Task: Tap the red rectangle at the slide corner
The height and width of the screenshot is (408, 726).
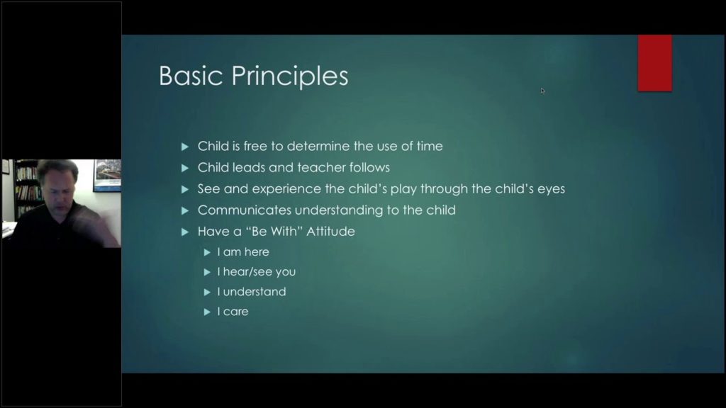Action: (x=654, y=63)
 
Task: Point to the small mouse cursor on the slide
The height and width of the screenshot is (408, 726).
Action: (x=543, y=90)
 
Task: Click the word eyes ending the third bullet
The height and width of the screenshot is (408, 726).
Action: (x=550, y=189)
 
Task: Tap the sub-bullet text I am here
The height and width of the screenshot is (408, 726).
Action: (x=242, y=252)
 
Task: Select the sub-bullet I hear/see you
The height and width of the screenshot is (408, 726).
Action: (x=256, y=272)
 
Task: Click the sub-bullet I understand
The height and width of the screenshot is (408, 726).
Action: (x=251, y=292)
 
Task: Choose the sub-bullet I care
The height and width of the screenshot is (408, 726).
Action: (x=233, y=312)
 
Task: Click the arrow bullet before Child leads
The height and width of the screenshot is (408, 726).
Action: (x=185, y=168)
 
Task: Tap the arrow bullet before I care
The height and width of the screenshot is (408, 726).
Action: (x=207, y=312)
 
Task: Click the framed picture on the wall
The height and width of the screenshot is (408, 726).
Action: (x=106, y=175)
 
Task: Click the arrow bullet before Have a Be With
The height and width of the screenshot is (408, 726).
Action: (x=185, y=232)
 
